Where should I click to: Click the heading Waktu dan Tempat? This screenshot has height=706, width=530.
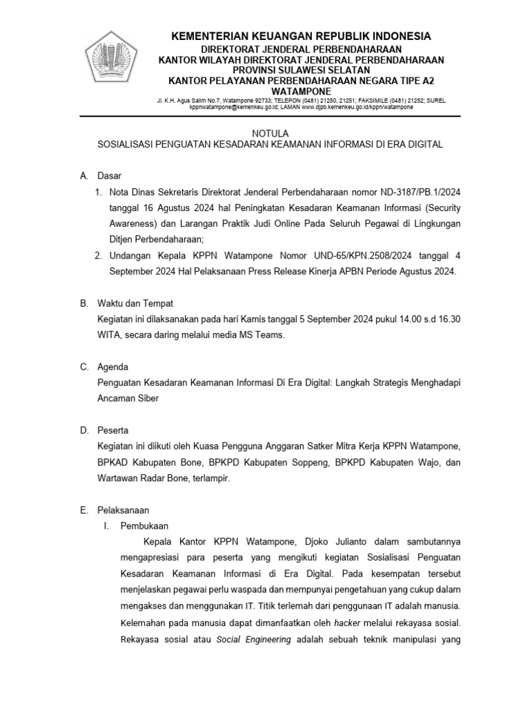(135, 303)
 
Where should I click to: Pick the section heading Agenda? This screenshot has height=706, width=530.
(114, 367)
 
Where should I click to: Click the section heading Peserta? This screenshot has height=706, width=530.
(115, 430)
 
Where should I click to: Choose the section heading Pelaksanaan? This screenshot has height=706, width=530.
(124, 510)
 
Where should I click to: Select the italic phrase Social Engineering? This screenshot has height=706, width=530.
(255, 639)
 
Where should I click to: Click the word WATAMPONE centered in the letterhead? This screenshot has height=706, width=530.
(302, 91)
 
